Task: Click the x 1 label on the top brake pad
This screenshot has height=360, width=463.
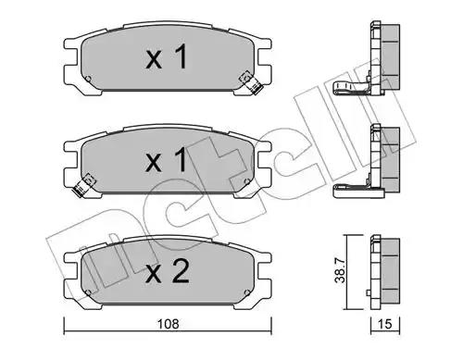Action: click(167, 56)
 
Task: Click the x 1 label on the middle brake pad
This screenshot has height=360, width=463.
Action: click(167, 159)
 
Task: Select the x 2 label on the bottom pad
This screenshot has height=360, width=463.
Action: click(168, 271)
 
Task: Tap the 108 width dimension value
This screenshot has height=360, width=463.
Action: click(168, 324)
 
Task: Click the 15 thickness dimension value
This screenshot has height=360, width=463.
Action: click(384, 324)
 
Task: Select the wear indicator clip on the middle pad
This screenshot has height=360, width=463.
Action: click(83, 185)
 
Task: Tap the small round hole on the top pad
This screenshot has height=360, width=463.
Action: click(88, 79)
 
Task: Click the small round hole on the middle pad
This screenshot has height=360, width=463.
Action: click(246, 181)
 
